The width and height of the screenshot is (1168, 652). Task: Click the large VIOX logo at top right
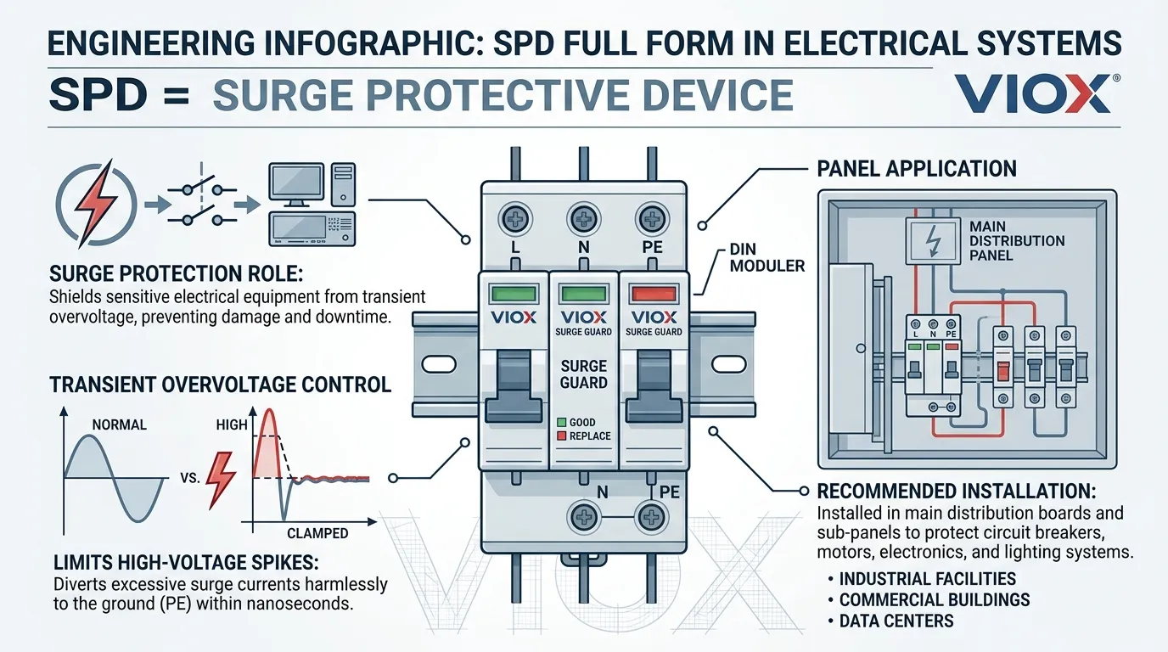click(x=1031, y=94)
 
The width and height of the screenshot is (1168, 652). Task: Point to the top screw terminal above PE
click(x=651, y=219)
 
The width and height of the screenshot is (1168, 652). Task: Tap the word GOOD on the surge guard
click(x=582, y=422)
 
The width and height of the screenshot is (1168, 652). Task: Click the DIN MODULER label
click(x=766, y=258)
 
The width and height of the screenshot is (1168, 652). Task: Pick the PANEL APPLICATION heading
click(x=917, y=169)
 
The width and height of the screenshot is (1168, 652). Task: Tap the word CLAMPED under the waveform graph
click(x=317, y=533)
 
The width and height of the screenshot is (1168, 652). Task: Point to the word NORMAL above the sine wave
click(x=119, y=424)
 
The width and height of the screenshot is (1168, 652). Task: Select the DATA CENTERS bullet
click(x=896, y=621)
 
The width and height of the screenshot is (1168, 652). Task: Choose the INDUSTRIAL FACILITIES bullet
click(x=927, y=579)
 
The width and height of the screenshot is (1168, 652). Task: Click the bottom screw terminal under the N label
click(x=583, y=516)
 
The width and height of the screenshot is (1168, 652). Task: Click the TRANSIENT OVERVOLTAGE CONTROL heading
click(x=221, y=385)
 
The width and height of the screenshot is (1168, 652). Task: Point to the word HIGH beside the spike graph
click(x=232, y=424)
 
